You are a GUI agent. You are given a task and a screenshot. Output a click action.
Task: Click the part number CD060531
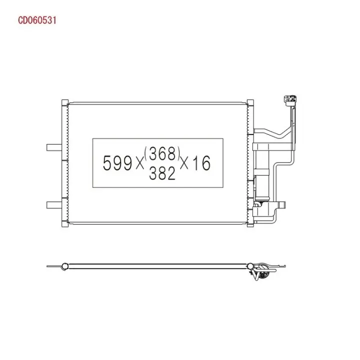tap(37, 20)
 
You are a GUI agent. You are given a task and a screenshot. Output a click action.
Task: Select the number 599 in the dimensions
tap(117, 163)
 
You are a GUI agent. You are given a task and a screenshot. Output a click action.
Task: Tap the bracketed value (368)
tap(162, 153)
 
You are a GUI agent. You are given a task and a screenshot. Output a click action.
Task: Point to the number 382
tap(162, 173)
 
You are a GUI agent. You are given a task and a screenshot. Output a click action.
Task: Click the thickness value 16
tap(201, 163)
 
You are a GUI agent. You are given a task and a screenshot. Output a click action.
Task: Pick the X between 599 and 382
tap(140, 164)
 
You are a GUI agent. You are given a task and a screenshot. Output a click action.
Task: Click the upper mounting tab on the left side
tap(54, 147)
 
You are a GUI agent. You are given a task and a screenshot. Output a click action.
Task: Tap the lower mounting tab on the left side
tap(54, 205)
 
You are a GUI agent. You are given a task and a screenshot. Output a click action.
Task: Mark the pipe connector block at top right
tap(290, 101)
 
